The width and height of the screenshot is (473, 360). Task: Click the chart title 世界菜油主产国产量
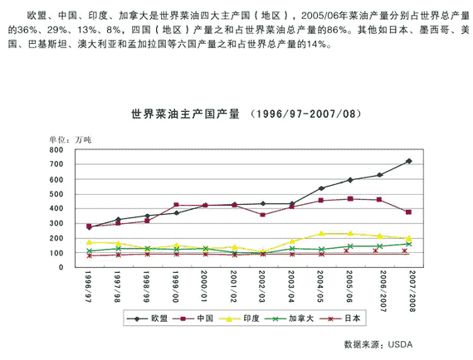point(185,114)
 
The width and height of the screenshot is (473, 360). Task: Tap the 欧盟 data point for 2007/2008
point(409,161)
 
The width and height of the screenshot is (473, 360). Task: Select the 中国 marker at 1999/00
point(176,205)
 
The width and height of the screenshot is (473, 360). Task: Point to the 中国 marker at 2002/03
point(263,215)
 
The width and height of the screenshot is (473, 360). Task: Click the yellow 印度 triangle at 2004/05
point(321,233)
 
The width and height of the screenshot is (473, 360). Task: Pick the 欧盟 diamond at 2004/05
point(321,188)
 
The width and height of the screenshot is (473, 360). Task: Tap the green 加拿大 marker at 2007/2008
point(409,244)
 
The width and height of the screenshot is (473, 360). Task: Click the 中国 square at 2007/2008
point(409,212)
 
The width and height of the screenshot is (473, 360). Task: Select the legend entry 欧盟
point(147,319)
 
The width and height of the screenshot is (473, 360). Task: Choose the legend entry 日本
point(340,319)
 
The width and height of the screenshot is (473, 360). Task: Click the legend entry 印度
point(239,319)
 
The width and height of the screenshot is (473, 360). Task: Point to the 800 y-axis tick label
point(56,150)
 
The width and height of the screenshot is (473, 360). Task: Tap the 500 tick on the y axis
point(56,194)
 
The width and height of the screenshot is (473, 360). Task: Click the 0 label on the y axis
point(61,267)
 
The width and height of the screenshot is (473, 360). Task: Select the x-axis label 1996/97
point(88,287)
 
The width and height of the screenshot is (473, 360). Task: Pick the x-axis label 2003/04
point(291,287)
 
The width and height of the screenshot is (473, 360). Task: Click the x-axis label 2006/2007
point(383,291)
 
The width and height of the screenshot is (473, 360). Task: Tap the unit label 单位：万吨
point(71,140)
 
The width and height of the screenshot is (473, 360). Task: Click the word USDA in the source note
point(400,344)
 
